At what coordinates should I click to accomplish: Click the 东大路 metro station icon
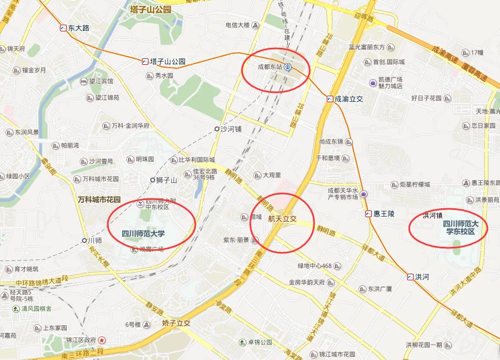tap(63, 27)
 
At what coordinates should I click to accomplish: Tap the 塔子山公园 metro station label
tap(168, 62)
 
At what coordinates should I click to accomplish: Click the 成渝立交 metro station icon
tap(329, 99)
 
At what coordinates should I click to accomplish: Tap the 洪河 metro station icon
tap(410, 276)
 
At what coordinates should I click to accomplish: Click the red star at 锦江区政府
tap(102, 340)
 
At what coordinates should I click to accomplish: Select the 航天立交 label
tap(282, 219)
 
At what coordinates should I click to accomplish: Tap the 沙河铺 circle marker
tap(217, 129)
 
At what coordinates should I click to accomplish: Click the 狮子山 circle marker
tap(153, 180)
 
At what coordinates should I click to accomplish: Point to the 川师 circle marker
tap(84, 240)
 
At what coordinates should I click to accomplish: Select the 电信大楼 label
tap(238, 25)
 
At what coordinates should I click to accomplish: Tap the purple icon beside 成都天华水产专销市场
tap(364, 193)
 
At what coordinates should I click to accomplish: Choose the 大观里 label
tap(272, 175)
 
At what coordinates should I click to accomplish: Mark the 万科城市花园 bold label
tap(99, 200)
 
